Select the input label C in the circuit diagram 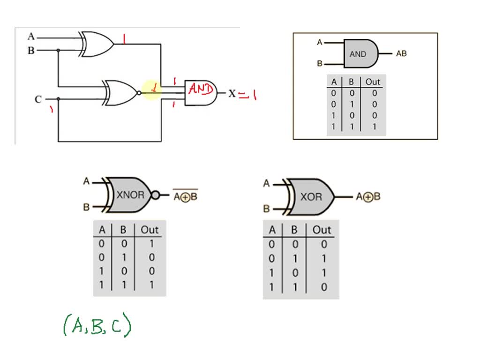pos(38,99)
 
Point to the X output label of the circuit pos(232,94)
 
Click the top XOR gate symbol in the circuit pos(97,44)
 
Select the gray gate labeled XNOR pos(130,195)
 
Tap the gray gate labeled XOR pos(311,196)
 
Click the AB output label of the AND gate pos(401,53)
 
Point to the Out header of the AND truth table pos(373,82)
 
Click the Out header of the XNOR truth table pos(150,230)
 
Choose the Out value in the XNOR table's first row pos(150,244)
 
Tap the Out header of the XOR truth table pos(322,230)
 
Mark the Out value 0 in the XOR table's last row pos(323,287)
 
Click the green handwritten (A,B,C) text pos(97,326)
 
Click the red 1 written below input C pos(51,110)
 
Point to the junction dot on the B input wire pos(58,50)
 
